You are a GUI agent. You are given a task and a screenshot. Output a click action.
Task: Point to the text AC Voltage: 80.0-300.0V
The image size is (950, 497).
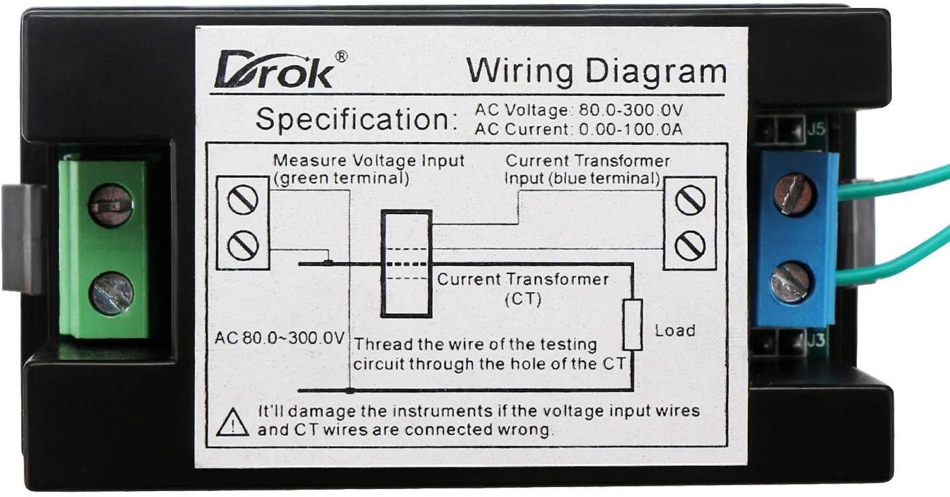(578, 110)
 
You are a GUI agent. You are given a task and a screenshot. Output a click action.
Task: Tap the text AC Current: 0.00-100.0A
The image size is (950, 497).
(578, 129)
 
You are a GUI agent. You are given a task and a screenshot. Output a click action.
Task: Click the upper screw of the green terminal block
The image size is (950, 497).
(110, 206)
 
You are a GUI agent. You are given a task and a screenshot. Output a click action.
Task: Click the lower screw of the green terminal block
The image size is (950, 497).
(111, 294)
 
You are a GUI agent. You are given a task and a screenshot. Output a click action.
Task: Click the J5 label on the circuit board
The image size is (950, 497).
(816, 129)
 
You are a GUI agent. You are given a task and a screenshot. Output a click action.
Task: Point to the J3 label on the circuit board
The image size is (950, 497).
(816, 342)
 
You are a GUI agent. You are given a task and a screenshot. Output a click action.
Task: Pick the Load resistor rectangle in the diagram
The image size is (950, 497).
(633, 324)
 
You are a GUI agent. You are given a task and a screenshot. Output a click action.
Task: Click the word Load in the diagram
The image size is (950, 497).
(675, 330)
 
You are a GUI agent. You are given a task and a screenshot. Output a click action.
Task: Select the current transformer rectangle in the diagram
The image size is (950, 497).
(406, 264)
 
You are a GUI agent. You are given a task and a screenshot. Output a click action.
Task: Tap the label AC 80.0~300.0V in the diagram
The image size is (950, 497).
(279, 338)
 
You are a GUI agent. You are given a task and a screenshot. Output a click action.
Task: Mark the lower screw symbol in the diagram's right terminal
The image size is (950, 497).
(690, 247)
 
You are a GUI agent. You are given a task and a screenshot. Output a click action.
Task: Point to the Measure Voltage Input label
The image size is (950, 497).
(369, 161)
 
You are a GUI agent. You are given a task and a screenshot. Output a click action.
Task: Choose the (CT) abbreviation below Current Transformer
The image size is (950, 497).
(523, 299)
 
